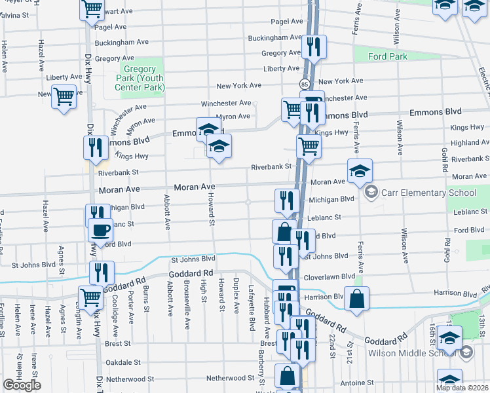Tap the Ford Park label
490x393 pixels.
pyautogui.click(x=387, y=56)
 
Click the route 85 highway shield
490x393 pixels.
pyautogui.click(x=305, y=84)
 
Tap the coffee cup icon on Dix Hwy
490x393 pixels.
pyautogui.click(x=100, y=230)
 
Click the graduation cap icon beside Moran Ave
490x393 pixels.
pyautogui.click(x=360, y=171)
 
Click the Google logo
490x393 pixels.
pyautogui.click(x=22, y=385)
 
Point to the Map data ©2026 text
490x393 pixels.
pyautogui.click(x=462, y=388)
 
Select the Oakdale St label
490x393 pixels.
pyautogui.click(x=124, y=362)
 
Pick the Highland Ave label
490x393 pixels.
pyautogui.click(x=470, y=142)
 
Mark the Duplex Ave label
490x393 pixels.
pyautogui.click(x=236, y=298)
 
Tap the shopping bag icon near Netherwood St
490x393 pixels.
pyautogui.click(x=287, y=376)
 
